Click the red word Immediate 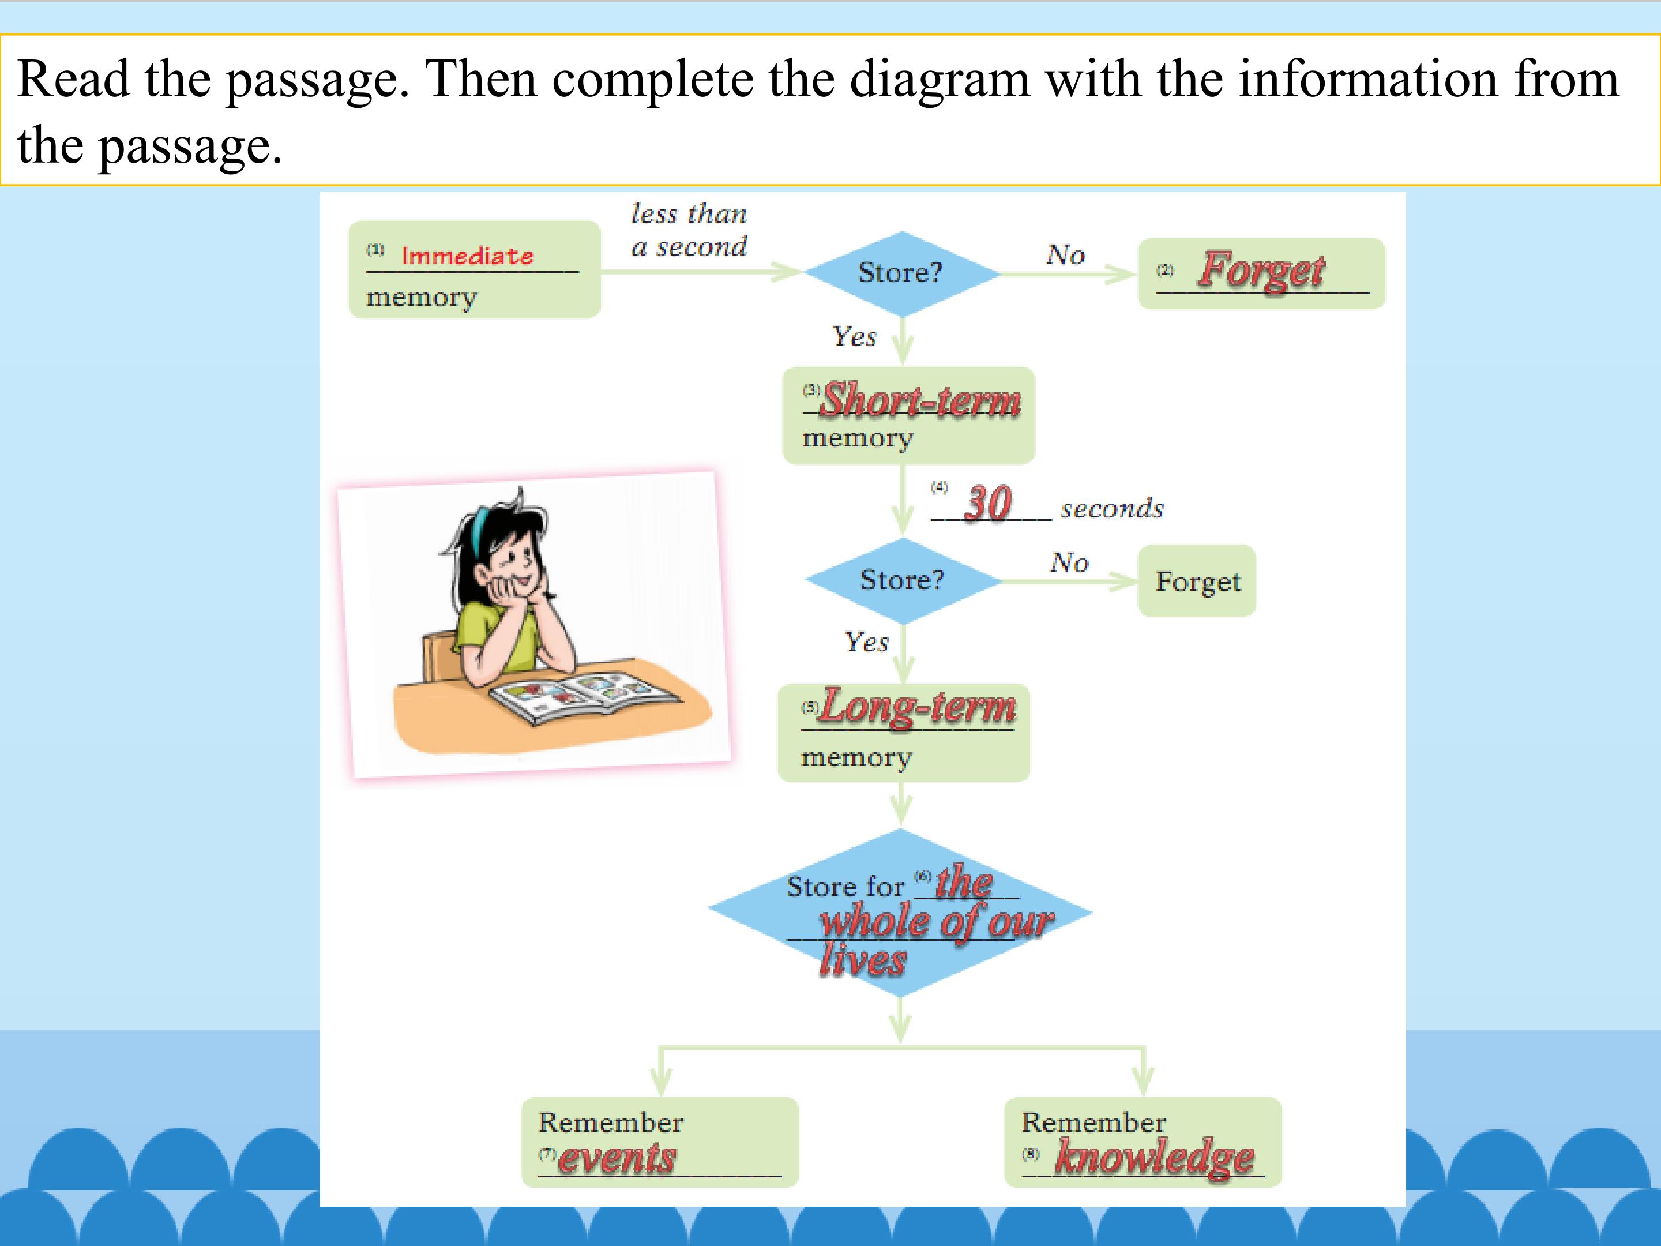point(467,256)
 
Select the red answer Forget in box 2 point(1261,271)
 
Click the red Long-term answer point(918,707)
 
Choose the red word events point(617,1157)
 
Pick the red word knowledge point(1155,1157)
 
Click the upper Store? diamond point(903,273)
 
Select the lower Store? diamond point(903,580)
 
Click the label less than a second point(689,230)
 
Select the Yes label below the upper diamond point(855,336)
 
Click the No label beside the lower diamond point(1069,562)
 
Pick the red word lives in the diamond point(863,960)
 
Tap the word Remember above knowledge point(1093,1122)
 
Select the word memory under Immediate point(421,298)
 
